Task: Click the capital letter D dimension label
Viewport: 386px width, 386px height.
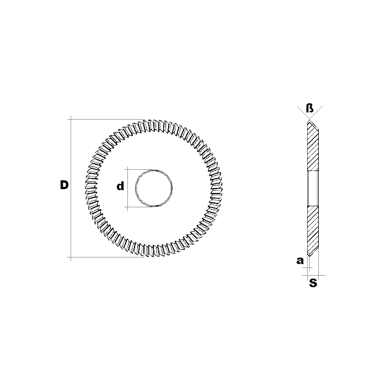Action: coord(64,185)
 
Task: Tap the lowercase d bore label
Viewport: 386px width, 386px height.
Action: coord(120,186)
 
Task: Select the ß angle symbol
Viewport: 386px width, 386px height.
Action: coord(310,108)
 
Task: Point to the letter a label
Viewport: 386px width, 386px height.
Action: coord(300,260)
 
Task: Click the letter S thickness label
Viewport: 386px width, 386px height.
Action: coord(313,283)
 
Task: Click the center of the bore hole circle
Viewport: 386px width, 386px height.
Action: coord(154,188)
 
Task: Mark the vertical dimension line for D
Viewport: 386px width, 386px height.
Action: coord(71,189)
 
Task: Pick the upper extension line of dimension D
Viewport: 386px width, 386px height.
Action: coord(106,120)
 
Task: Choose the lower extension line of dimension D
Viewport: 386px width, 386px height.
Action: coord(105,258)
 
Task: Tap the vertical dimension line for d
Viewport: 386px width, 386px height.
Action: coord(127,189)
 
